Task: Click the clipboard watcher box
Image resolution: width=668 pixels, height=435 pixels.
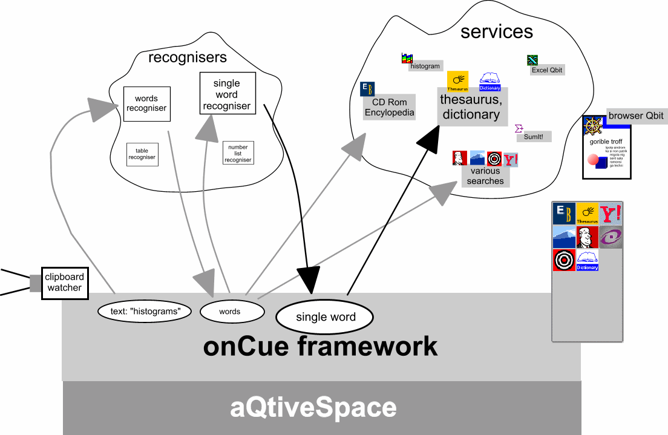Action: [65, 283]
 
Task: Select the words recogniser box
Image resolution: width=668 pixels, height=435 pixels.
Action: [146, 103]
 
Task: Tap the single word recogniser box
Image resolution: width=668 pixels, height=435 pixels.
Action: [227, 94]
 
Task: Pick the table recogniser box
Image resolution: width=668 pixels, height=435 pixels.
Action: [142, 154]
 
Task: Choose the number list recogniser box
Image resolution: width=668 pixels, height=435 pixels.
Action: [238, 154]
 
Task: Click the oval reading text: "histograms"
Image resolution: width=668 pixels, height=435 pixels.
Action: [145, 312]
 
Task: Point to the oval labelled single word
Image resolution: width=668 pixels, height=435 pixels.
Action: [326, 317]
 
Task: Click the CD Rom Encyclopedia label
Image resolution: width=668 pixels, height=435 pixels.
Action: [390, 108]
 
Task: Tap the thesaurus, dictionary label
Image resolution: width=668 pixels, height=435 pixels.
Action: [471, 107]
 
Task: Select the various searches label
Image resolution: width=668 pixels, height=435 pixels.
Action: [485, 176]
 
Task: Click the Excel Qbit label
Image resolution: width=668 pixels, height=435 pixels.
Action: [547, 70]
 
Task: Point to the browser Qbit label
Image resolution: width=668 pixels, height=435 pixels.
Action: [636, 116]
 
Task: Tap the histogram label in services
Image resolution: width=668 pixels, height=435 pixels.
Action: [425, 66]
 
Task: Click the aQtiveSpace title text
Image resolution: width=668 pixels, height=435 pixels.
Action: [313, 408]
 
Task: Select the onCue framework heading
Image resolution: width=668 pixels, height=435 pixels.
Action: [320, 347]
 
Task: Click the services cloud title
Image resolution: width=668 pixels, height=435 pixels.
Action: [497, 31]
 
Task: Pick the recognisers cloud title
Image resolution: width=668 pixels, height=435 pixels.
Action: [188, 57]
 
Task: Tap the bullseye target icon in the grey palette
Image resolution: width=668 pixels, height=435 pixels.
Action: [564, 260]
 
